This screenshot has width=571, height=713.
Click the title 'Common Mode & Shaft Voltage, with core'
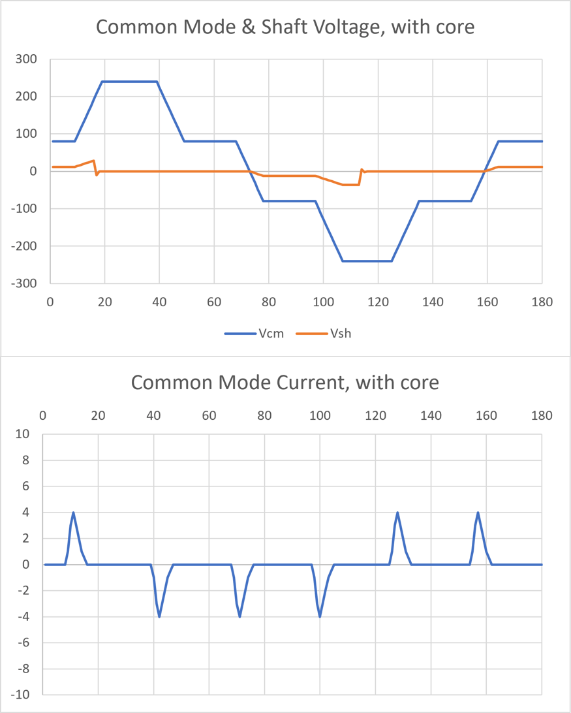pos(285,27)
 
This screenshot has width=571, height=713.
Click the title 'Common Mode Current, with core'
pos(285,382)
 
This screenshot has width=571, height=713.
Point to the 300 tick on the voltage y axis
pos(25,59)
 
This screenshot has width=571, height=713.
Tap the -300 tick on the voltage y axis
pos(23,283)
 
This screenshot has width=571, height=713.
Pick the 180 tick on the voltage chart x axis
pos(542,302)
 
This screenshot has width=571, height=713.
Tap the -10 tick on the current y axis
pos(22,695)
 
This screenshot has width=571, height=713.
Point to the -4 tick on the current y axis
pos(24,617)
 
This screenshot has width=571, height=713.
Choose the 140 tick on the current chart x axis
pos(431,415)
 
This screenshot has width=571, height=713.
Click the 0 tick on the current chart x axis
pos(42,415)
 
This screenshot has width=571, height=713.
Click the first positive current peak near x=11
pos(73,513)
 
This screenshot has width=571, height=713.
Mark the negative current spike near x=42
pos(159,616)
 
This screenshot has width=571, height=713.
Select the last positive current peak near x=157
pos(478,513)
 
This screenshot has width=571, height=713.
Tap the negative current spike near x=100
pos(320,616)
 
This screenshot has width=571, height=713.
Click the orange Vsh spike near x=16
pos(94,161)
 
